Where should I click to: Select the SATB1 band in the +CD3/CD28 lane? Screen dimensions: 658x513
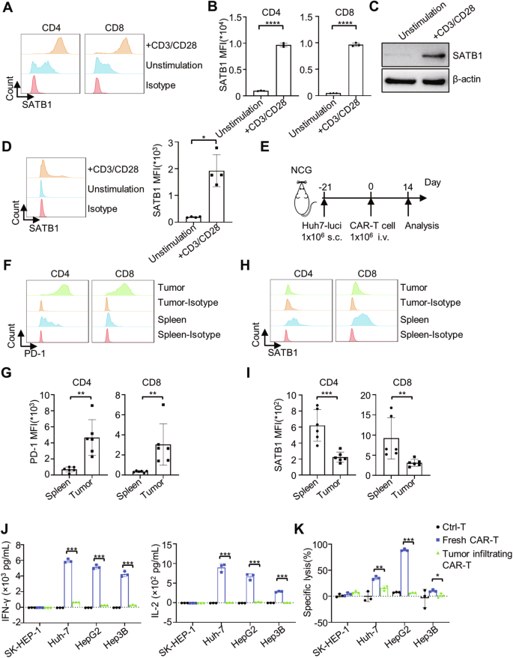(443, 55)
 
